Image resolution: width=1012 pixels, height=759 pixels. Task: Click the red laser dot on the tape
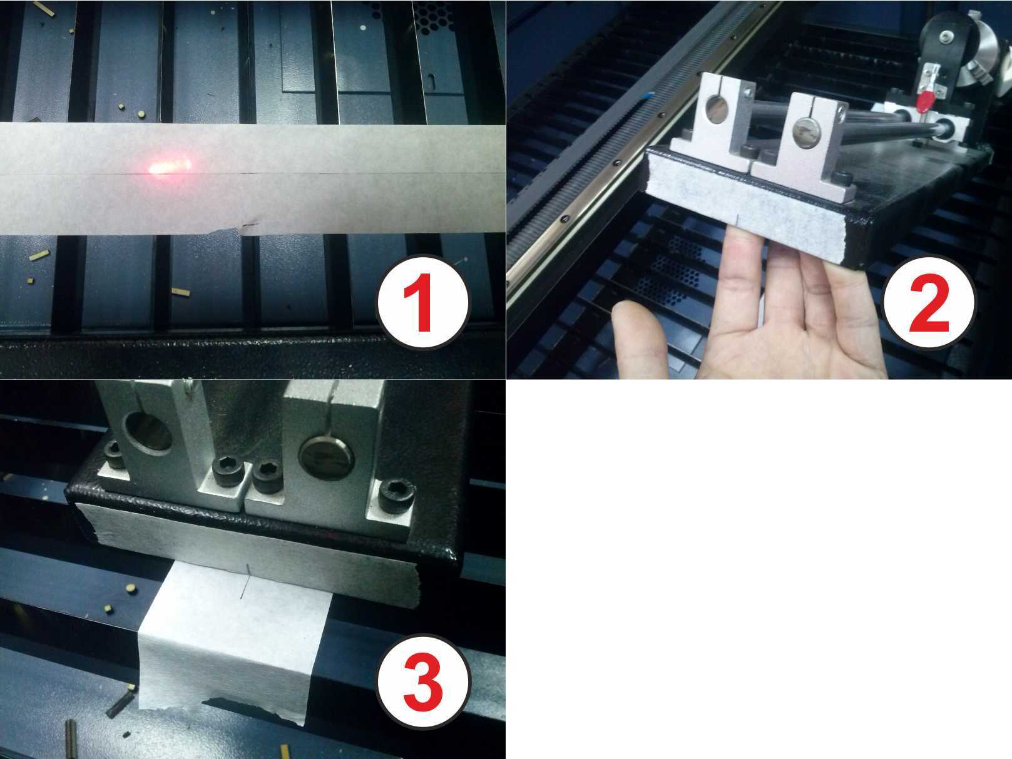(170, 165)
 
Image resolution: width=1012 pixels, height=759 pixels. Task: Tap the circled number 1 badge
(422, 302)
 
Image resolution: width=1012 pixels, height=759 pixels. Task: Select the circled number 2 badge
(929, 302)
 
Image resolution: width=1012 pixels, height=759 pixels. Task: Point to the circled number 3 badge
(422, 681)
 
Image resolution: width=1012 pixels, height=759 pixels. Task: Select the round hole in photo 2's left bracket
(717, 110)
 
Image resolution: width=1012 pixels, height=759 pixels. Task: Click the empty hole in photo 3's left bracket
(148, 432)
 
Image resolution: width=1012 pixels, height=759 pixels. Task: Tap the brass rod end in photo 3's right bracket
(327, 456)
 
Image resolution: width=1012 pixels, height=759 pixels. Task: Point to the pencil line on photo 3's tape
(246, 581)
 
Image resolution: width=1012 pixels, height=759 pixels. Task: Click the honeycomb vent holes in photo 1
(433, 18)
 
